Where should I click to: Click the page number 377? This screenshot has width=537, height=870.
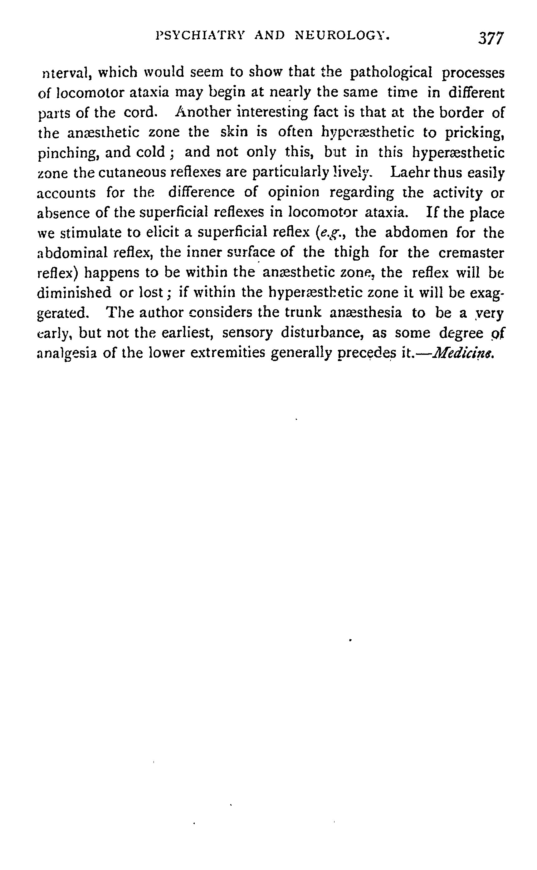(x=491, y=38)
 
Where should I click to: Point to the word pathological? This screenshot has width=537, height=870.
(x=391, y=73)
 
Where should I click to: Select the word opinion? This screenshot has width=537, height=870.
(x=294, y=193)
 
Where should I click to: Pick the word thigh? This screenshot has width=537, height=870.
(x=352, y=253)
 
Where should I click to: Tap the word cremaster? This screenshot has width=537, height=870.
(x=471, y=253)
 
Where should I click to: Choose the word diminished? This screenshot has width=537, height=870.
(x=74, y=293)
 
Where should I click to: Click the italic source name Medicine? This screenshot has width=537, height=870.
(x=463, y=353)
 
